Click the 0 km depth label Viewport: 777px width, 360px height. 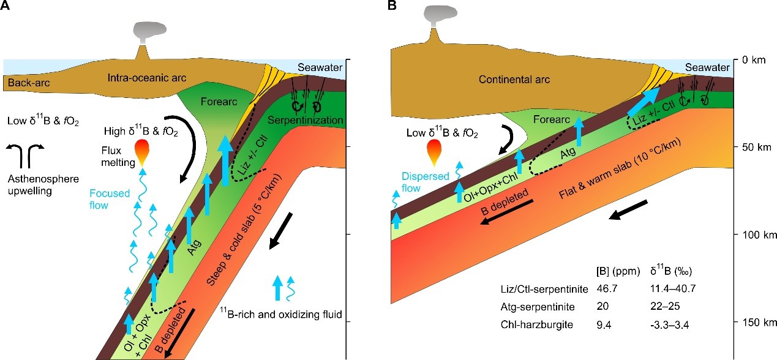coord(754,60)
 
